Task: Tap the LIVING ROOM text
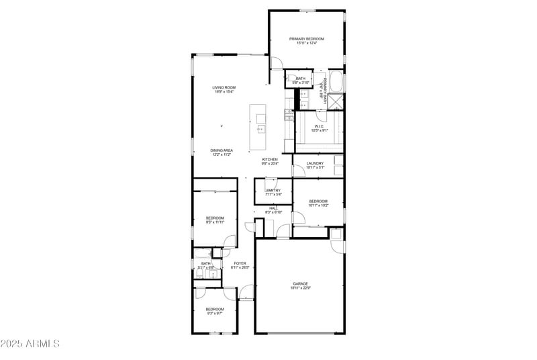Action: click(224, 87)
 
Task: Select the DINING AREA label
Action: click(222, 150)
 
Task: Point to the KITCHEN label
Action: click(270, 159)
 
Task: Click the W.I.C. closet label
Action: click(320, 126)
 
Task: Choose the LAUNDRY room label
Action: click(315, 163)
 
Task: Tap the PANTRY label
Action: click(273, 191)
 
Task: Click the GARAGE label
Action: click(299, 283)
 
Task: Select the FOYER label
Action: click(240, 263)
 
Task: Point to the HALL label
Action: click(273, 208)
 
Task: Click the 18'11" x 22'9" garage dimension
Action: click(299, 288)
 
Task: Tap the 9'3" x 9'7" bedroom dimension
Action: click(214, 313)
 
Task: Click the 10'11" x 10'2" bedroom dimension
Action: click(318, 206)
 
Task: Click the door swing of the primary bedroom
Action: click(277, 64)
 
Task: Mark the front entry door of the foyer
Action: click(246, 293)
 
